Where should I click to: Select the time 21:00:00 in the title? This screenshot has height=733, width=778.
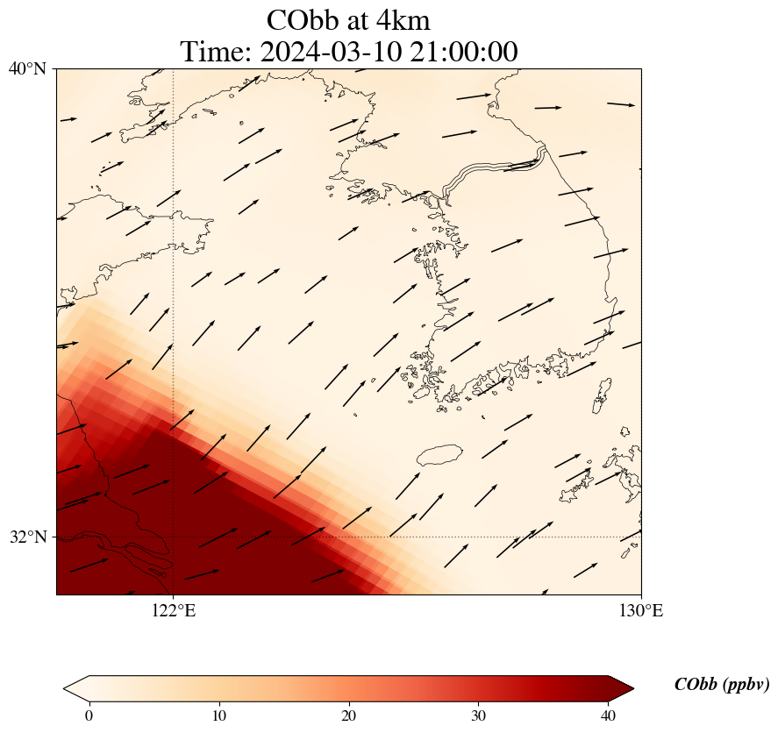tap(464, 52)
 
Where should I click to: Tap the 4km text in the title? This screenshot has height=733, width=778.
tap(400, 20)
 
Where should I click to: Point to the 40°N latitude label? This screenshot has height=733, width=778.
tap(27, 68)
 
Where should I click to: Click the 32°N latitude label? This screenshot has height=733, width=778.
tap(27, 537)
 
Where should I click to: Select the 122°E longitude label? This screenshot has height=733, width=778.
tap(174, 611)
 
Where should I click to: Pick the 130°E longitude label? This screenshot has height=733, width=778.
tap(641, 611)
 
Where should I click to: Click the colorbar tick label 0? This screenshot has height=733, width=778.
tap(89, 715)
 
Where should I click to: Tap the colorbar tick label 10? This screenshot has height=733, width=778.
tap(218, 715)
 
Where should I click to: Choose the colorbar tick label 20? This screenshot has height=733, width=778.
tap(349, 715)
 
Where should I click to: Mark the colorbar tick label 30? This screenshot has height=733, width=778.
tap(479, 715)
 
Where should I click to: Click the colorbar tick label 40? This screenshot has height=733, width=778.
tap(609, 715)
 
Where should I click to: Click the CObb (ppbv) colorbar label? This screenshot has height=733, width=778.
tap(721, 685)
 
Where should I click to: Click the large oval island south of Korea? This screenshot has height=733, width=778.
tap(439, 455)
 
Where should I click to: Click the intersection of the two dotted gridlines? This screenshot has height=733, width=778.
tap(174, 537)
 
